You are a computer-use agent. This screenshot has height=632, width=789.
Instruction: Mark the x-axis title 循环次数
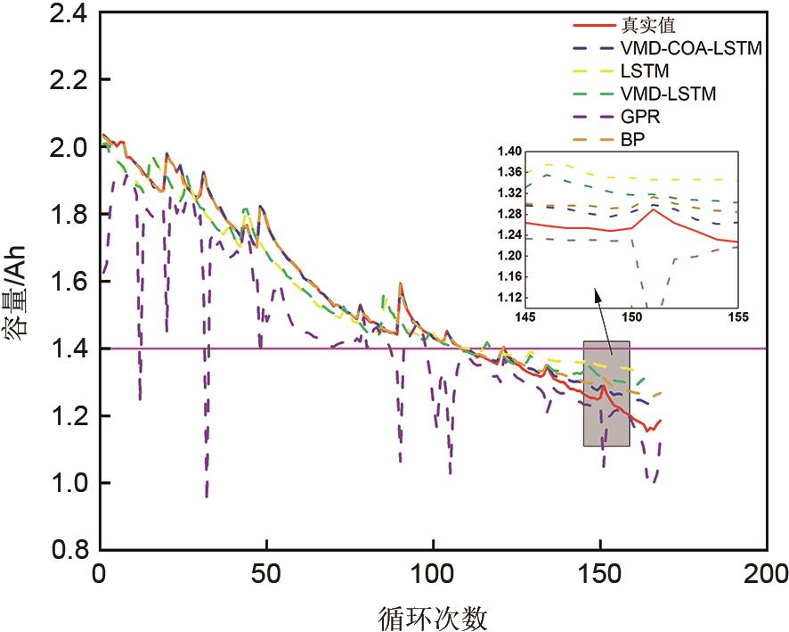tap(433, 615)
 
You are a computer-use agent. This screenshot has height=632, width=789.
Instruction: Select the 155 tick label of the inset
tap(737, 316)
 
